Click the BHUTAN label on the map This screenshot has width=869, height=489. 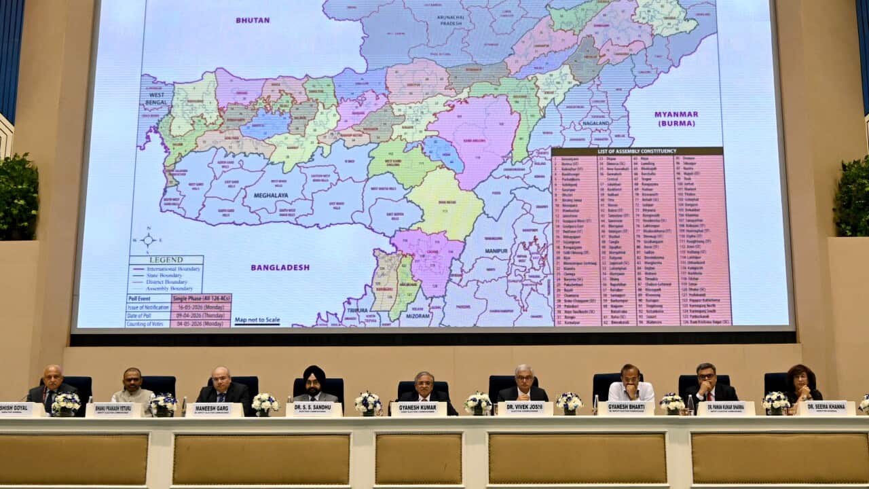pyautogui.click(x=253, y=20)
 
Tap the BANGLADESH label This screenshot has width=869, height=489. pyautogui.click(x=280, y=268)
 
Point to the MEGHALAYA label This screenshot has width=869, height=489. pyautogui.click(x=271, y=196)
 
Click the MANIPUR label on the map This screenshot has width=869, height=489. pyautogui.click(x=496, y=251)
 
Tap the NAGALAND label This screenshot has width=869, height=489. pyautogui.click(x=595, y=124)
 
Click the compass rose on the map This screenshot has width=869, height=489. pyautogui.click(x=148, y=240)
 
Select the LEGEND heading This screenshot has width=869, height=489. pyautogui.click(x=166, y=259)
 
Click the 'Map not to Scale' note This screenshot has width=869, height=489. pyautogui.click(x=257, y=320)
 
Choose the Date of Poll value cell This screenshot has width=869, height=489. pyautogui.click(x=202, y=315)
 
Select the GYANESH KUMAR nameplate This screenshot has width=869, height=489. pyautogui.click(x=418, y=409)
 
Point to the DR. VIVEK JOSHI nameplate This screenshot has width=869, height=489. pyautogui.click(x=524, y=408)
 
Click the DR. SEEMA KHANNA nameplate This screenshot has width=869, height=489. pyautogui.click(x=826, y=407)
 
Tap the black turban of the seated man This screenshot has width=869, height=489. pyautogui.click(x=313, y=373)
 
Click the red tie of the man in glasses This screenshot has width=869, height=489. pyautogui.click(x=706, y=396)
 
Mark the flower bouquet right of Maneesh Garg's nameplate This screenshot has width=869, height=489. pyautogui.click(x=264, y=403)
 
